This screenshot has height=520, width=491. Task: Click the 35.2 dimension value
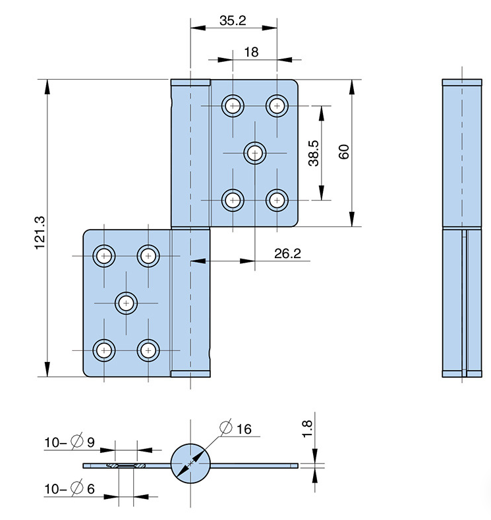point(233,21)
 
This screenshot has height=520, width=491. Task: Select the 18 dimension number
point(251,52)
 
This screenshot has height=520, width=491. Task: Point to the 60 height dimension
point(343,152)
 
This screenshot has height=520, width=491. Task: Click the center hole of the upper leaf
point(255,153)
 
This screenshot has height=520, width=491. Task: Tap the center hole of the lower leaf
point(126,303)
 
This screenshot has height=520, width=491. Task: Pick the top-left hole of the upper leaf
point(232,105)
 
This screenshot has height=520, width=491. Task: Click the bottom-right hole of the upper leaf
point(277,199)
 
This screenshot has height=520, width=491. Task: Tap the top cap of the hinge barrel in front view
point(190,83)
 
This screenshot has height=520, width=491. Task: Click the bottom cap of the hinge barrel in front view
point(190,374)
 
